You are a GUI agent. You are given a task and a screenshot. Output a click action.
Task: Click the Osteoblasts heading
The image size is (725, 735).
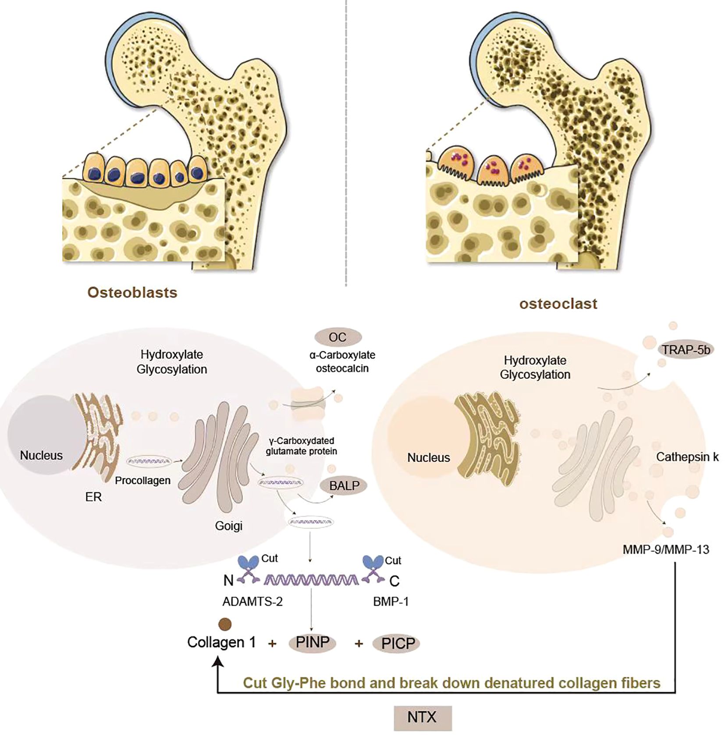(132, 293)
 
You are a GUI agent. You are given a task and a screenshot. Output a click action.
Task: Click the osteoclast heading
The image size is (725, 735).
(558, 303)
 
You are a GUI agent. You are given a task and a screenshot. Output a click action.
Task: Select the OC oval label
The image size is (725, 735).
(338, 337)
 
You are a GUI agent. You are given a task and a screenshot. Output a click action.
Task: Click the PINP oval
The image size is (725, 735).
(312, 642)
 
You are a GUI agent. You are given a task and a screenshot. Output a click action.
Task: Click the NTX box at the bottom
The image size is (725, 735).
(422, 717)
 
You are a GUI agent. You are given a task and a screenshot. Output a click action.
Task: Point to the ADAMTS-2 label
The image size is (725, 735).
(252, 602)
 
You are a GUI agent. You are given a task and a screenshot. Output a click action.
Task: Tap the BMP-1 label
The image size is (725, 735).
(391, 602)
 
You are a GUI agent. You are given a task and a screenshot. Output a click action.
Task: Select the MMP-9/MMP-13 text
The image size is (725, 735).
(666, 549)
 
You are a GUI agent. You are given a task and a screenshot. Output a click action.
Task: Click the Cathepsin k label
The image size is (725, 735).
(687, 457)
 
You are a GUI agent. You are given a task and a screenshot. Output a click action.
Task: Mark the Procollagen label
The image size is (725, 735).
(142, 481)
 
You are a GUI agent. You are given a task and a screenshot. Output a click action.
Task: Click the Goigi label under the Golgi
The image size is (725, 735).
(228, 525)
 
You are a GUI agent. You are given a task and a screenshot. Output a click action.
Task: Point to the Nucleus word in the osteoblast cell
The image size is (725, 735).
(41, 455)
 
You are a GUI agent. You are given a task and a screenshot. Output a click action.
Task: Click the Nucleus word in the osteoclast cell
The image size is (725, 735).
(428, 457)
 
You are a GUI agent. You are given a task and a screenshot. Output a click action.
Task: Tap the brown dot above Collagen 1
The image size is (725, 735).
(225, 624)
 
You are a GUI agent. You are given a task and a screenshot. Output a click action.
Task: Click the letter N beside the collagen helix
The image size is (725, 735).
(228, 581)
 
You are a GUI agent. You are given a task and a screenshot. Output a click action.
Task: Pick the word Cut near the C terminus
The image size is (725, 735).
(393, 560)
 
